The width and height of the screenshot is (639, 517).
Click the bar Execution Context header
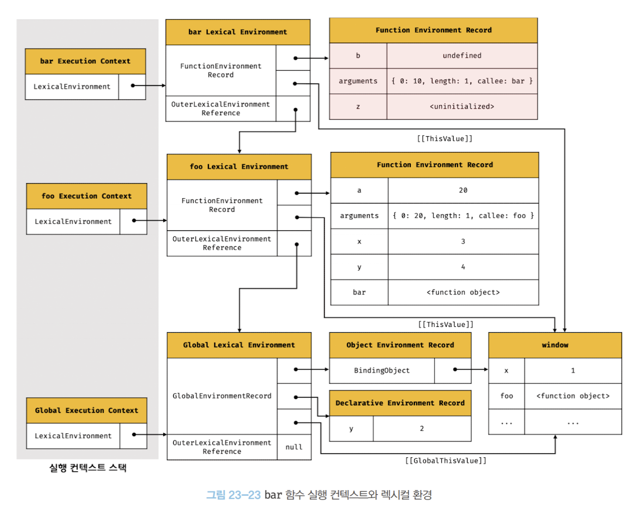(x=85, y=61)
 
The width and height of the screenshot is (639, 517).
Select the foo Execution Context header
(x=87, y=197)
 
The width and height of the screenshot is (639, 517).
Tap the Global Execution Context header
(x=87, y=411)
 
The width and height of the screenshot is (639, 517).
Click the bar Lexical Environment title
(x=238, y=32)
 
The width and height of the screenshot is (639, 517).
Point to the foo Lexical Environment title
(x=239, y=167)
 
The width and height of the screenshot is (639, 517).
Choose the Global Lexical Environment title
(x=239, y=345)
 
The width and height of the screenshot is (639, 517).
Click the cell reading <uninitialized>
(x=462, y=106)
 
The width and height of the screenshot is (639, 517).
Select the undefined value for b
(x=462, y=56)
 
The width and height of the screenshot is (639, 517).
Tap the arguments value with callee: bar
(x=462, y=81)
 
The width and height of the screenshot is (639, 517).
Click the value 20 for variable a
(x=463, y=190)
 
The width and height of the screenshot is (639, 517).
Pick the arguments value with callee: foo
(x=463, y=216)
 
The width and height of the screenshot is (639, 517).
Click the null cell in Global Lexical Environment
(x=294, y=447)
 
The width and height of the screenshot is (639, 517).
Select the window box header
(x=555, y=345)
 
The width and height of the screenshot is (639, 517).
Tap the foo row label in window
(x=507, y=396)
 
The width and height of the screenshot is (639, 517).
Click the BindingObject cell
(x=382, y=370)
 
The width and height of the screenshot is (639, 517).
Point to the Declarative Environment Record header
(x=400, y=403)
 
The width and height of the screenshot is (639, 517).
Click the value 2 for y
(x=421, y=429)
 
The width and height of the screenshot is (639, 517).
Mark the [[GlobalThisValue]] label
(x=445, y=461)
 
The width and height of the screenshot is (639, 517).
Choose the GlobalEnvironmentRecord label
(x=222, y=396)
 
